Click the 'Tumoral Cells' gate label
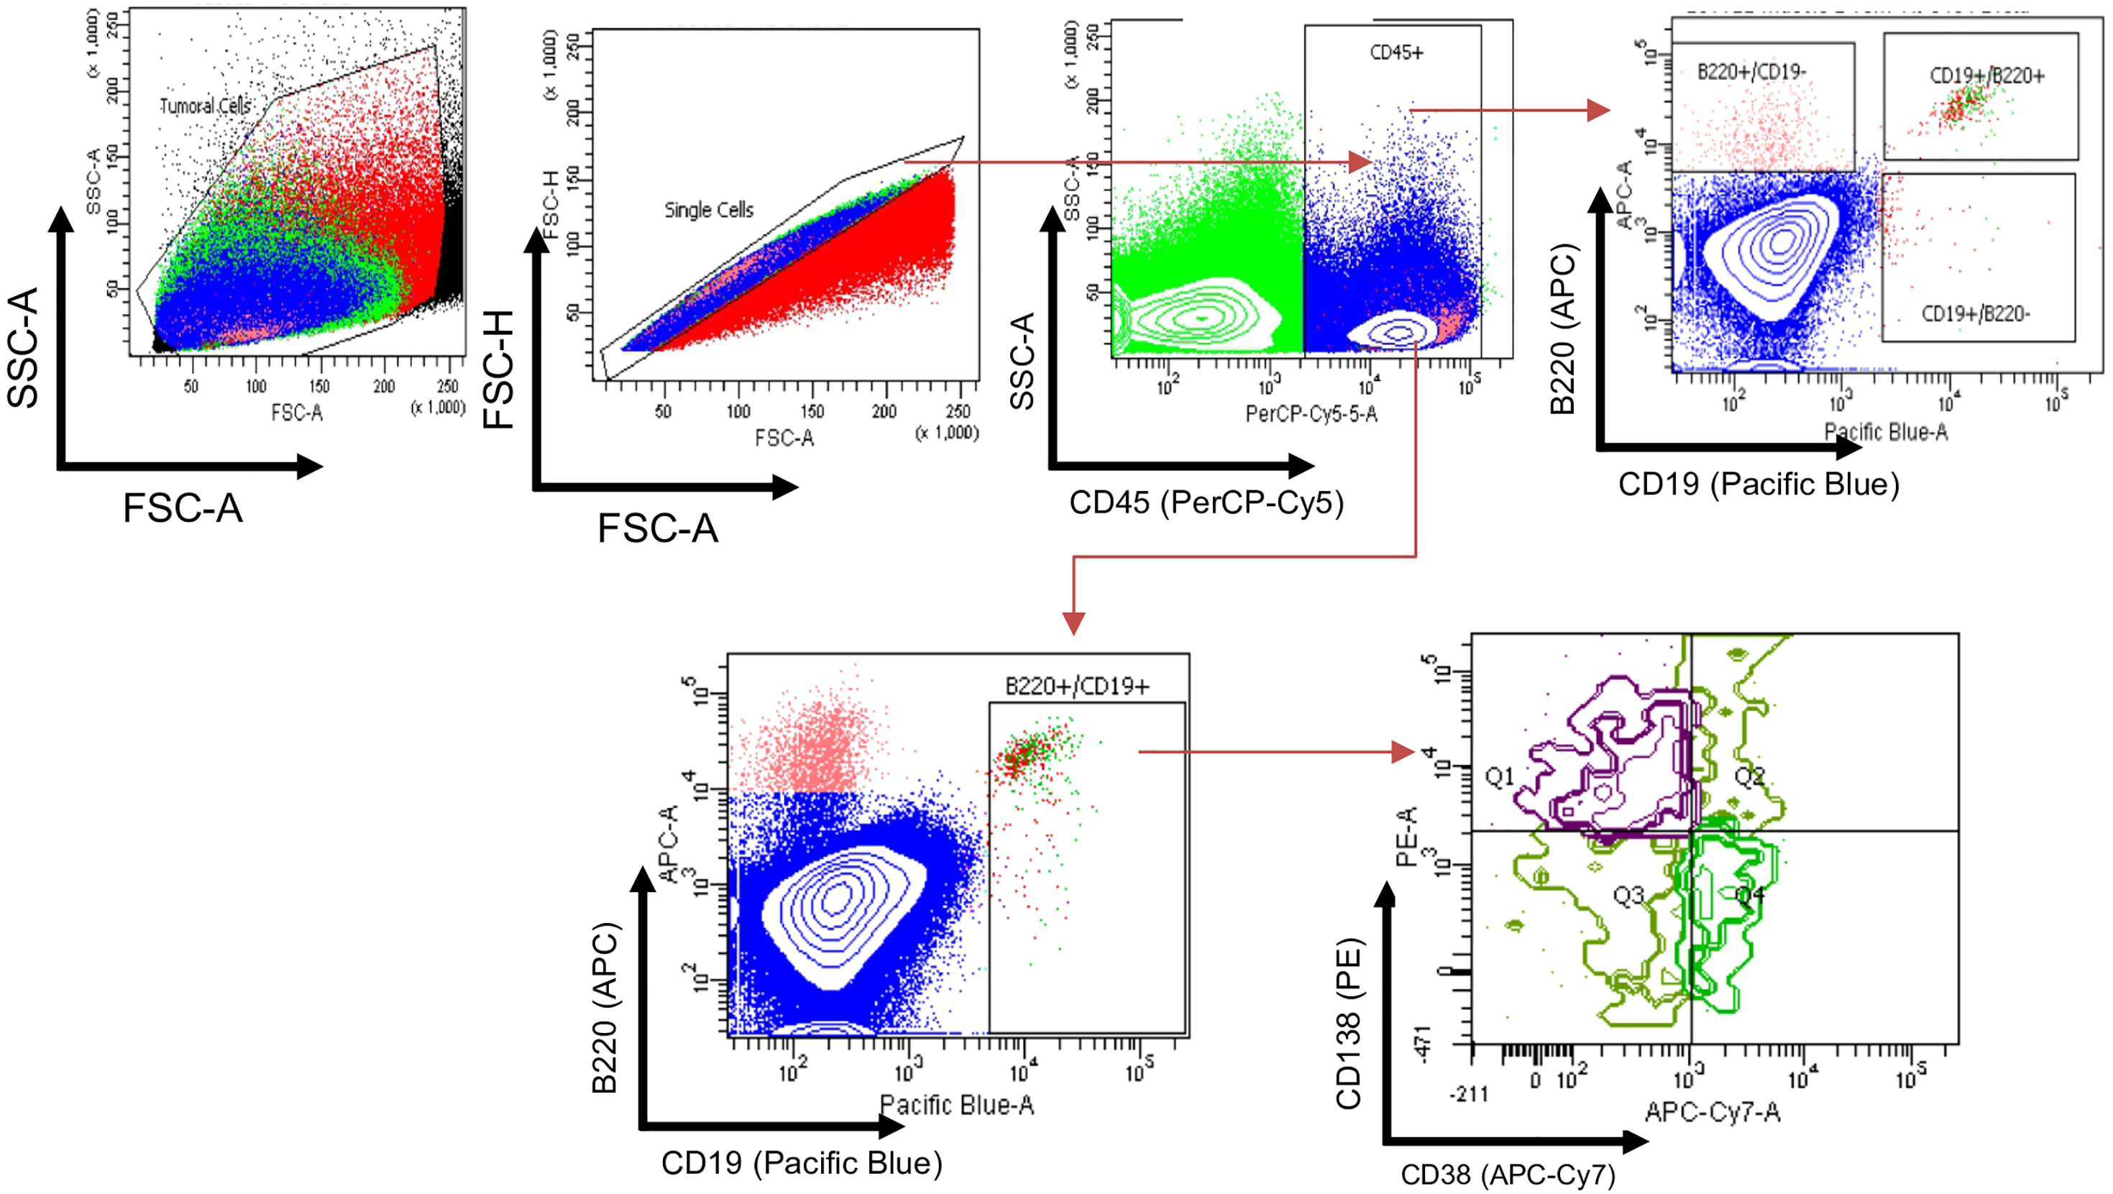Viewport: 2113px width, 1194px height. tap(206, 106)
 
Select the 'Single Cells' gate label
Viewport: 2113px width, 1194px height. tap(709, 210)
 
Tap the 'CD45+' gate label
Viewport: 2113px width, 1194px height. tap(1396, 52)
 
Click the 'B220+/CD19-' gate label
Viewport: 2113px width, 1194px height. tap(1751, 72)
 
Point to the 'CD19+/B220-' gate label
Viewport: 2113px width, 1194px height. tap(1975, 313)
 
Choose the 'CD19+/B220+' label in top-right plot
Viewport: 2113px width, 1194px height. tap(1986, 75)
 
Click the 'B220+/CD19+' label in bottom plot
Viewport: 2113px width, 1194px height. tap(1077, 686)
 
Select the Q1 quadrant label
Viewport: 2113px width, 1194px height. tap(1500, 776)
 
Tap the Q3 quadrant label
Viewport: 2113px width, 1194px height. tap(1628, 896)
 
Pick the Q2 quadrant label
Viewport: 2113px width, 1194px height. tap(1750, 776)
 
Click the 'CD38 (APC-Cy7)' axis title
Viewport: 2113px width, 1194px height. tap(1508, 1175)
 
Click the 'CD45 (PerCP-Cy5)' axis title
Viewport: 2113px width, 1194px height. tap(1206, 502)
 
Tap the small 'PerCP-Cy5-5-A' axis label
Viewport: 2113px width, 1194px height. tap(1311, 413)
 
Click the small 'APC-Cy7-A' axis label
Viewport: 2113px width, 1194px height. tap(1713, 1112)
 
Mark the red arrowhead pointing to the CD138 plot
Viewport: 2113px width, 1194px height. tap(1403, 751)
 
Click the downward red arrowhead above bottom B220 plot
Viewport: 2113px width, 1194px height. tap(1073, 623)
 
